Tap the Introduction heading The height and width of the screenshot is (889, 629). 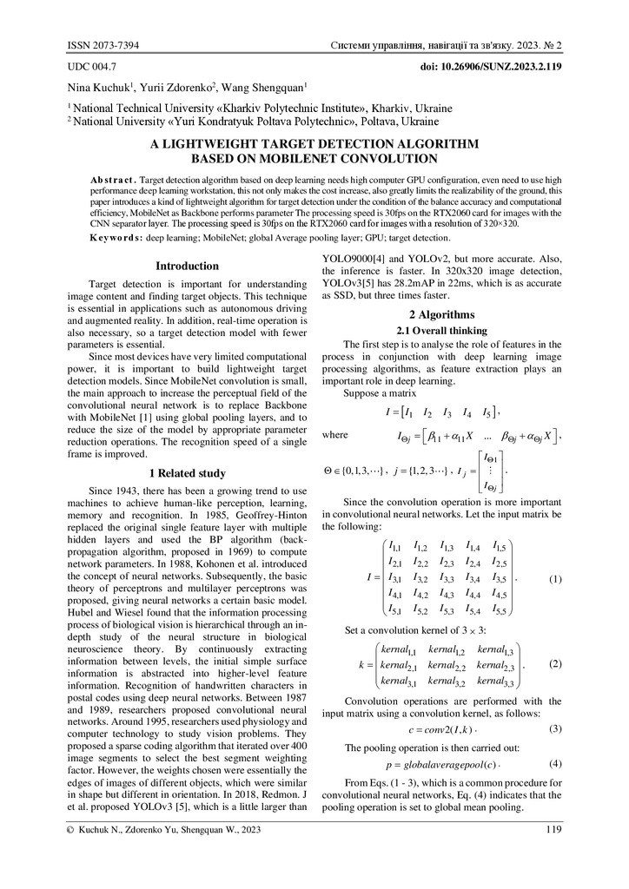click(187, 267)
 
